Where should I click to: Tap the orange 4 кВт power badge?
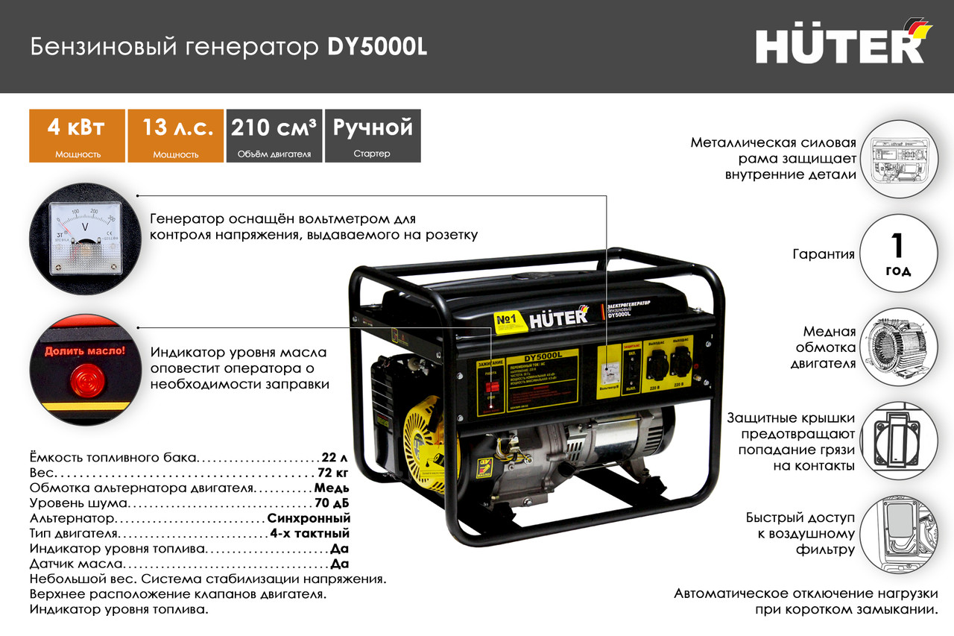click(x=75, y=135)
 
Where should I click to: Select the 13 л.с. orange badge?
click(x=176, y=135)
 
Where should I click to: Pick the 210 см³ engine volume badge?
click(x=274, y=135)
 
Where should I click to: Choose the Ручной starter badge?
click(x=373, y=135)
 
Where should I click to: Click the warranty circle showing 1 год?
click(x=898, y=253)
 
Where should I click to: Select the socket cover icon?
click(x=898, y=439)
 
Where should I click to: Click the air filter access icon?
click(x=898, y=534)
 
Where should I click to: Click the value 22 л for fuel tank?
click(x=335, y=457)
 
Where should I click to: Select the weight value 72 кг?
click(x=332, y=473)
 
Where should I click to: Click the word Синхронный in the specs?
click(x=309, y=518)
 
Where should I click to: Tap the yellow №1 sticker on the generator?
click(x=505, y=320)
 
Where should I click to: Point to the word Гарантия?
click(x=823, y=254)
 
